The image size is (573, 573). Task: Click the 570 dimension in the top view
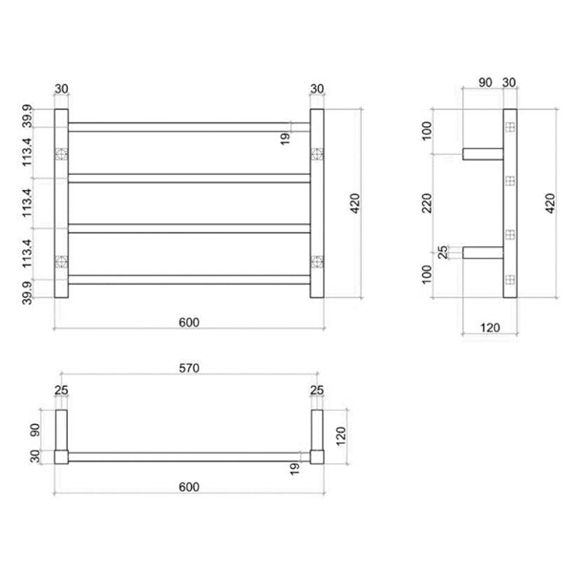[188, 370]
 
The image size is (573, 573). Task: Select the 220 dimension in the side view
[430, 202]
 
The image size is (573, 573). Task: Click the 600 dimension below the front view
[188, 322]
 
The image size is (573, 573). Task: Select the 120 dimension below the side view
[488, 328]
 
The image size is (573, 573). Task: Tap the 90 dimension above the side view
[484, 84]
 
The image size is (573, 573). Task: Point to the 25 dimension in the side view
[442, 253]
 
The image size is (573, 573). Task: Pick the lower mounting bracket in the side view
[483, 253]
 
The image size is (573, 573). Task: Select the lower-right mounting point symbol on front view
[317, 260]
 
